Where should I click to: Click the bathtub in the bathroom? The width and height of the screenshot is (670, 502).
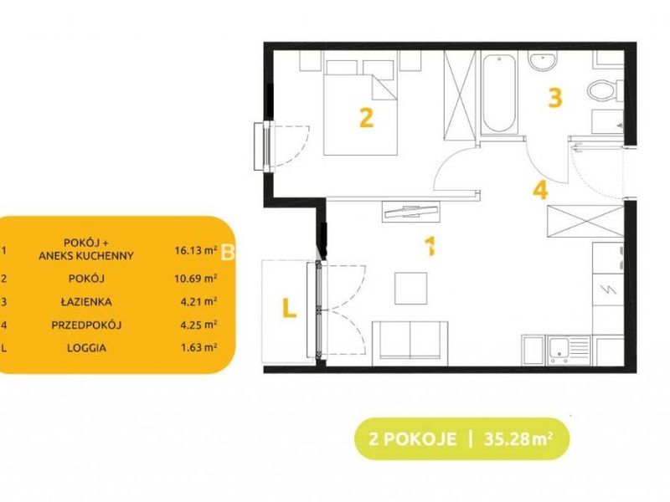(x=499, y=94)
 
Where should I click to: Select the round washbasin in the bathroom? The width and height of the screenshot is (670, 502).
(x=543, y=60)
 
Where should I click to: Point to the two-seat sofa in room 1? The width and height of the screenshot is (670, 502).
(x=410, y=344)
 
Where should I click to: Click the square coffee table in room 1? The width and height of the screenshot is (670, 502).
(x=410, y=288)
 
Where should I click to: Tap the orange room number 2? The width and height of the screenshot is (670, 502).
(x=367, y=118)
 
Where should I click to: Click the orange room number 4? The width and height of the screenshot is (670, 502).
(x=540, y=190)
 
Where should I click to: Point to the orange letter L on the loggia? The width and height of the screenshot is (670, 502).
(x=289, y=308)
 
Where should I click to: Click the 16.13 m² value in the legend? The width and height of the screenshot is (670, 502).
(x=196, y=250)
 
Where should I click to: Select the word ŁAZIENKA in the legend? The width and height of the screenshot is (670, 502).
(x=86, y=302)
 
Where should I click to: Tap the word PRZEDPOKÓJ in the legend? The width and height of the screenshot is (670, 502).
(x=86, y=325)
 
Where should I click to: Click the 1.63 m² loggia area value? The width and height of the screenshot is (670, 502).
(x=198, y=347)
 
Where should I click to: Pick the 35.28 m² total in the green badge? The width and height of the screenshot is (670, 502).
(x=518, y=438)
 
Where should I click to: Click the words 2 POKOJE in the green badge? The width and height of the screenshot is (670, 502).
(x=412, y=438)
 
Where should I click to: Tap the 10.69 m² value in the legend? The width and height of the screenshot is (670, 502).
(x=196, y=279)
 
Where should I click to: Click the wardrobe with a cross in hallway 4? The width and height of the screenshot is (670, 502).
(x=585, y=220)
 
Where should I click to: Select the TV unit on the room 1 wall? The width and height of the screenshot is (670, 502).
(x=410, y=212)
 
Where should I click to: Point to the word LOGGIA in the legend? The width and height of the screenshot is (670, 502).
(x=86, y=348)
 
